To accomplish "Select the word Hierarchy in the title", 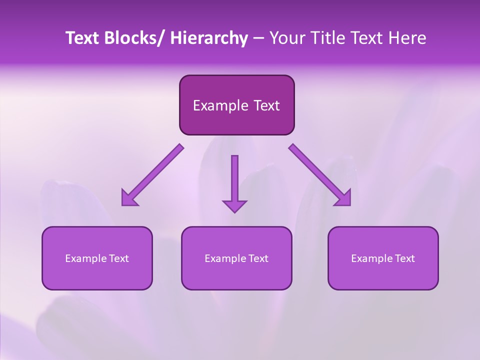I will (x=209, y=38).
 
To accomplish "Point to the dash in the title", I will (x=258, y=39).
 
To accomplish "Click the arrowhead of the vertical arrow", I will (x=234, y=206).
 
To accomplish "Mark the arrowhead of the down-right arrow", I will (x=344, y=198).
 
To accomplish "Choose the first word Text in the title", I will (x=83, y=38).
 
